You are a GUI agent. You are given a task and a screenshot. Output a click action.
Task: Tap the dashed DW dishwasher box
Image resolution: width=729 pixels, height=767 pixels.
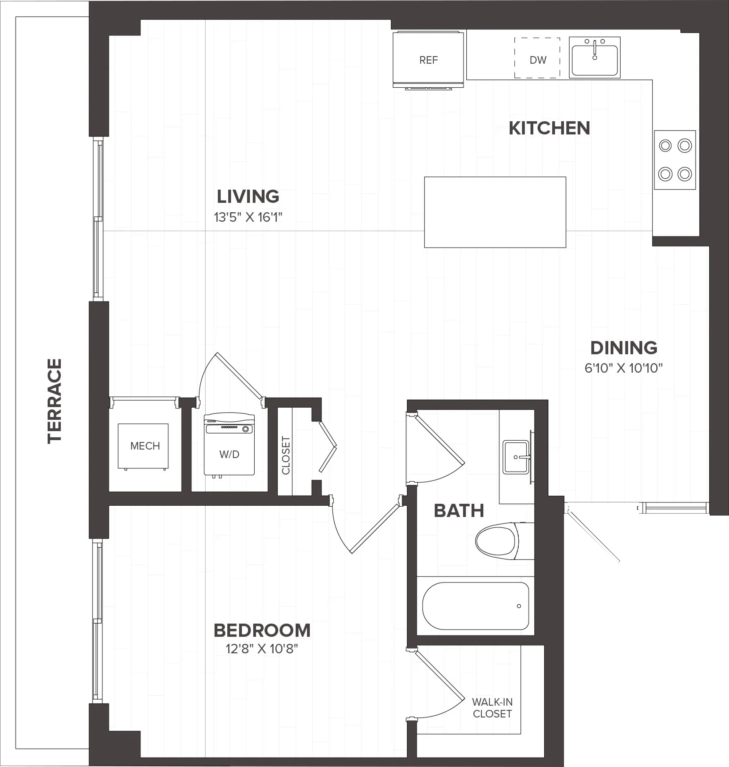point(537,58)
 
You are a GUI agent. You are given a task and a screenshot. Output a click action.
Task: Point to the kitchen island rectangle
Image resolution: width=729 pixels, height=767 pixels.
point(495,212)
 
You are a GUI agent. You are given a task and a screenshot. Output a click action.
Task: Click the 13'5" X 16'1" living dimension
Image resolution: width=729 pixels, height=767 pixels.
point(248,217)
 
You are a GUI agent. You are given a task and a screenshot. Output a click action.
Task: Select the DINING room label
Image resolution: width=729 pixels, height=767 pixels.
point(624,348)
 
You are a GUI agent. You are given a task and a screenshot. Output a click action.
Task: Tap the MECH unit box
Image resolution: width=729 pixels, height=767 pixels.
point(143,446)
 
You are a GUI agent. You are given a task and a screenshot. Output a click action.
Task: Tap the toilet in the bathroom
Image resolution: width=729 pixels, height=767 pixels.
point(504,540)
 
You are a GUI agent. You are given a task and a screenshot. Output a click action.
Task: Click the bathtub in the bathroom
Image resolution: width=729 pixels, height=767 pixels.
point(476,606)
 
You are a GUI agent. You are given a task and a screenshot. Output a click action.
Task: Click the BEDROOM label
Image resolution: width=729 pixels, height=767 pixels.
point(262,630)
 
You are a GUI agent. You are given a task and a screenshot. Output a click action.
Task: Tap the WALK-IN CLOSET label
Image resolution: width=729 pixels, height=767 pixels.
point(492,708)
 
